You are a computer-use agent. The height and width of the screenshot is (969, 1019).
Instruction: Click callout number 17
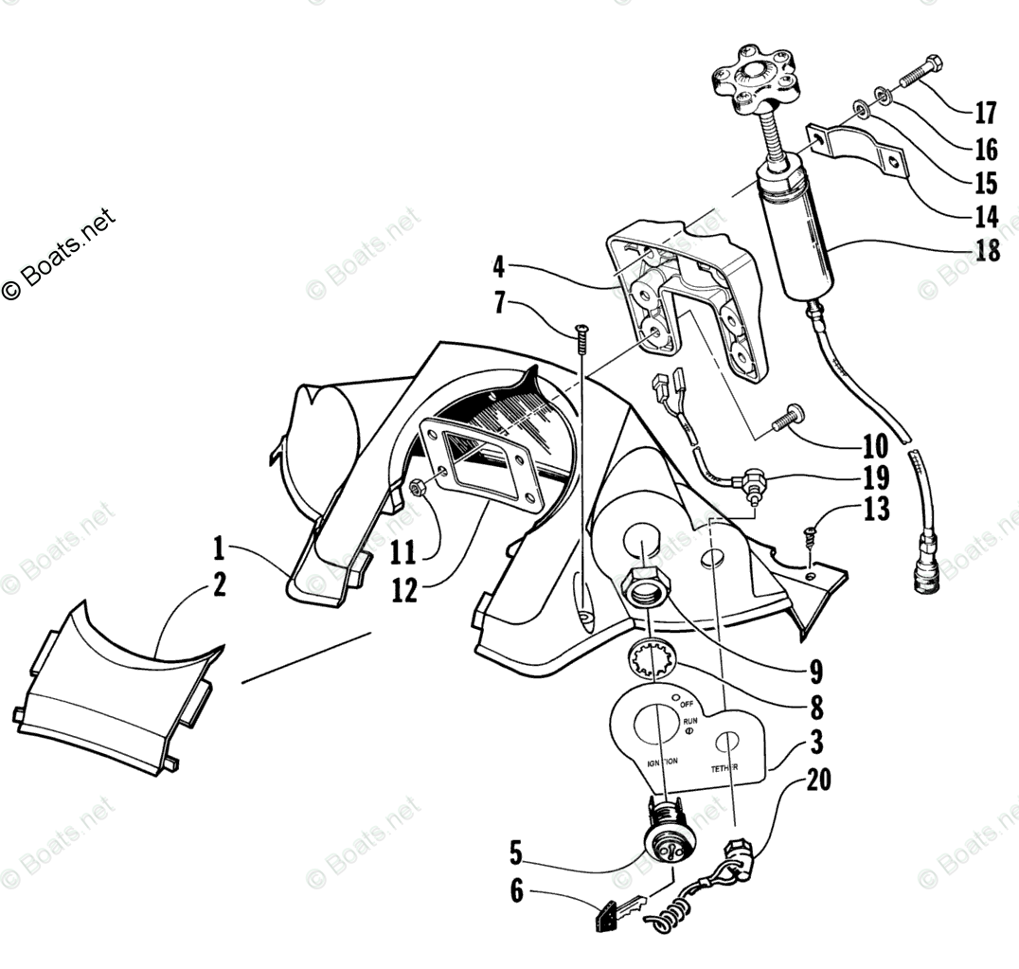(x=985, y=113)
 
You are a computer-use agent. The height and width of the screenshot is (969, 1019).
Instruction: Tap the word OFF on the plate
(x=687, y=704)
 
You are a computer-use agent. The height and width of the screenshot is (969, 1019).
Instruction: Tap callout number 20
(x=820, y=780)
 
